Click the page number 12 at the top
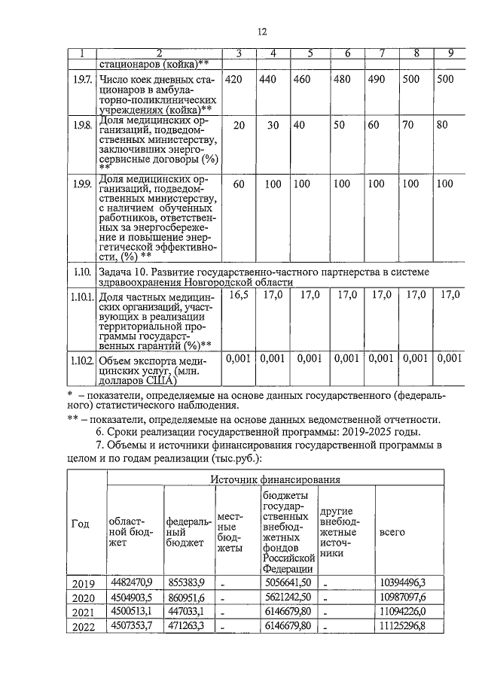pos(262,32)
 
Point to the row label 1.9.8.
pos(83,125)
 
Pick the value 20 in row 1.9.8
pos(239,125)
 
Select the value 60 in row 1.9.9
pos(239,184)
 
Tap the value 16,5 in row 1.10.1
pos(239,296)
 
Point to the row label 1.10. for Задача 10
pos(83,272)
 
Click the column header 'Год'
pos(80,524)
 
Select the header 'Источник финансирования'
pos(273,478)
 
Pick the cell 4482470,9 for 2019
pos(132,582)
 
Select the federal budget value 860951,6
pos(185,596)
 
